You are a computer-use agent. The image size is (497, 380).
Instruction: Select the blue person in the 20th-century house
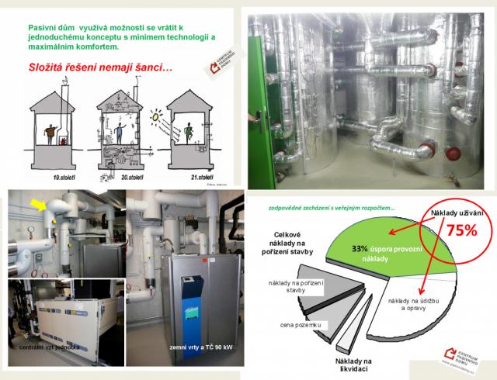pos(120,127)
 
